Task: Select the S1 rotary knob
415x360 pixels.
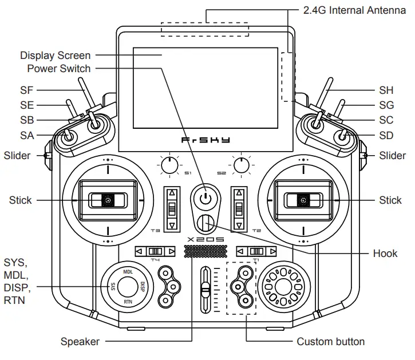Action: pyautogui.click(x=169, y=166)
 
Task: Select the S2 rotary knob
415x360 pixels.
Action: pyautogui.click(x=242, y=166)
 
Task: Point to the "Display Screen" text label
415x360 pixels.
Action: pyautogui.click(x=55, y=56)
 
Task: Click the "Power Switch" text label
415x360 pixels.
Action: pyautogui.click(x=59, y=69)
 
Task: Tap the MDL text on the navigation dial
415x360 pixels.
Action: pyautogui.click(x=128, y=272)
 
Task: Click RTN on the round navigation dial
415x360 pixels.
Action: pyautogui.click(x=128, y=300)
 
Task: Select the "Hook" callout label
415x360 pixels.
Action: pyautogui.click(x=385, y=253)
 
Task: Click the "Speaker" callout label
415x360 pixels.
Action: pyautogui.click(x=80, y=342)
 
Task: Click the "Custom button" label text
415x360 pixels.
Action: pyautogui.click(x=330, y=342)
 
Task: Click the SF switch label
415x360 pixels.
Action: pyautogui.click(x=27, y=90)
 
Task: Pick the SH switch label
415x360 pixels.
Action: pyautogui.click(x=386, y=90)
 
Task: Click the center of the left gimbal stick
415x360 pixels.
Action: pyautogui.click(x=107, y=200)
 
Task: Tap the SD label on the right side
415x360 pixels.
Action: pyautogui.click(x=386, y=136)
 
